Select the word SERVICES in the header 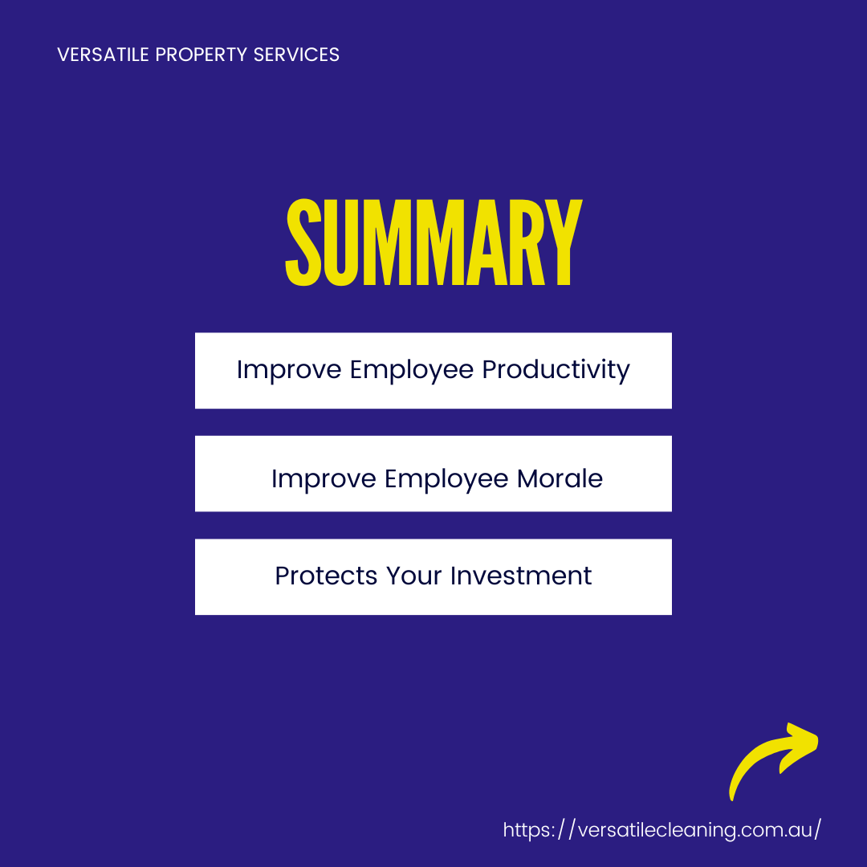tap(296, 55)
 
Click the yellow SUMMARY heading tap(433, 242)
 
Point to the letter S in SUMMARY tap(303, 242)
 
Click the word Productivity tap(556, 370)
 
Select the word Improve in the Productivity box tap(289, 370)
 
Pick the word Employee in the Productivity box tap(411, 370)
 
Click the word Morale tap(560, 478)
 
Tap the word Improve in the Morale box tap(324, 478)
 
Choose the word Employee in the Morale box tap(446, 478)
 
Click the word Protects tap(326, 576)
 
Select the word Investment tap(521, 576)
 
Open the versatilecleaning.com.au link tap(661, 830)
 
